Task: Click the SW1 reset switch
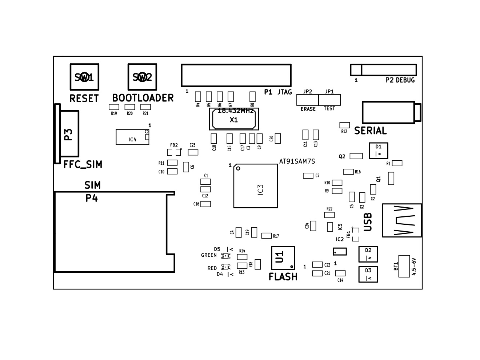(x=84, y=77)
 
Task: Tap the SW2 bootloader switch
(x=142, y=77)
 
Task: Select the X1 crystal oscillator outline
(x=234, y=119)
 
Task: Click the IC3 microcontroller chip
(x=255, y=186)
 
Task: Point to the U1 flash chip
(x=283, y=258)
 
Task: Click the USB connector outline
(x=402, y=220)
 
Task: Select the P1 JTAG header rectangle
(x=236, y=75)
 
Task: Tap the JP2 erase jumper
(x=308, y=100)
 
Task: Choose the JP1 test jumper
(x=329, y=100)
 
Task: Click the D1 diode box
(x=379, y=151)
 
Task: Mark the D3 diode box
(x=368, y=275)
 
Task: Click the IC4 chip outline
(x=132, y=137)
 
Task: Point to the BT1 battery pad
(x=404, y=266)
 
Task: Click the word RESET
(x=84, y=99)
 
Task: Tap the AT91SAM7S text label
(x=297, y=161)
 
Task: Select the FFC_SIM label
(x=83, y=165)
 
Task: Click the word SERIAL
(x=370, y=131)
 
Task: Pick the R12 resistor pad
(x=344, y=125)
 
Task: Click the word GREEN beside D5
(x=209, y=255)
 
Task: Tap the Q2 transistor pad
(x=356, y=156)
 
